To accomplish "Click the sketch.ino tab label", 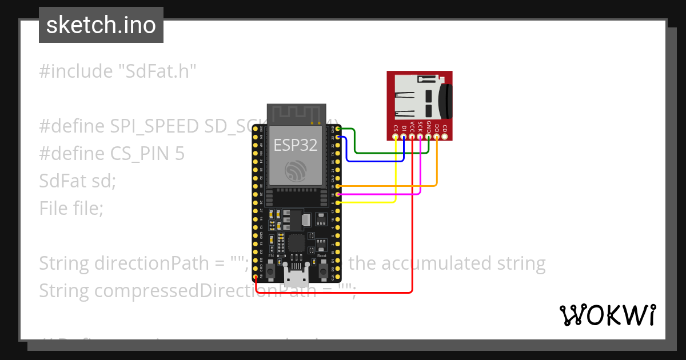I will click(101, 25).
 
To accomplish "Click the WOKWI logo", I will click(608, 315).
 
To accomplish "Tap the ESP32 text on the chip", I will click(294, 145).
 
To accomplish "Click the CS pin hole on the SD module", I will click(396, 137).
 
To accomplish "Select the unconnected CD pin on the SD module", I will click(445, 137).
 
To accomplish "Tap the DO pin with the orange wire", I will click(437, 137).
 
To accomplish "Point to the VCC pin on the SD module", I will click(412, 137).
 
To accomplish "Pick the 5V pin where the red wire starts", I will click(255, 277).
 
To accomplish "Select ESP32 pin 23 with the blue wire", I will click(340, 137).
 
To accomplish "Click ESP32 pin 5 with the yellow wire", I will click(340, 202).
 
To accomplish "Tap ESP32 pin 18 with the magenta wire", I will click(340, 194).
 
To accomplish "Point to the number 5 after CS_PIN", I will click(180, 154).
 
